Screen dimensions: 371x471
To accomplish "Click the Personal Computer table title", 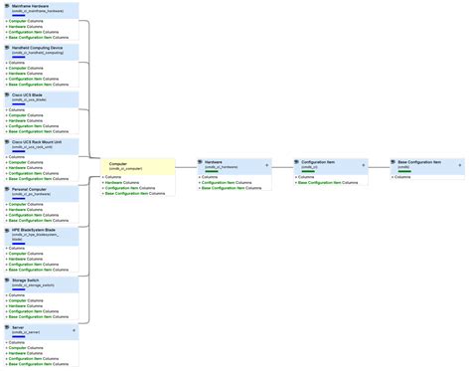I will [31, 188].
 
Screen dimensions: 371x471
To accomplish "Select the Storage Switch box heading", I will [28, 280].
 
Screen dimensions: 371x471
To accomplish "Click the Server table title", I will [20, 326].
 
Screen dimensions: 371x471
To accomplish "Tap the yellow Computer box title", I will [118, 162].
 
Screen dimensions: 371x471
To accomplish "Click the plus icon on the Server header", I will [73, 326].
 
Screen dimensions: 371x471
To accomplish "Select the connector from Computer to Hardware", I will [186, 167].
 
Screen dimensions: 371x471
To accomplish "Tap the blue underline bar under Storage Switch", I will [20, 289].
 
